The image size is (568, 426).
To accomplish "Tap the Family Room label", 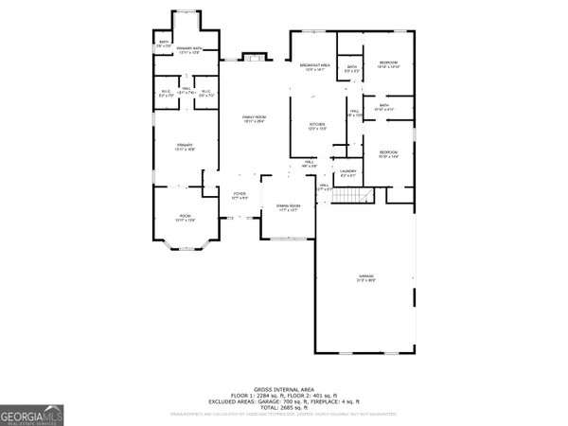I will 253,118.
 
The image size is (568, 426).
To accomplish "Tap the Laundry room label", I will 347,172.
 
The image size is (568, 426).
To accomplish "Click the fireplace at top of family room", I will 253,57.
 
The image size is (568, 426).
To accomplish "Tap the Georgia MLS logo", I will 28,414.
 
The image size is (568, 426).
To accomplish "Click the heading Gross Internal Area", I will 284,389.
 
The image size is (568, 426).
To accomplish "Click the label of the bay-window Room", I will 184,218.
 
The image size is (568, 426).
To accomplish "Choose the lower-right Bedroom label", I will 389,153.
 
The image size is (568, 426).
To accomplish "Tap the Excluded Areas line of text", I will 284,401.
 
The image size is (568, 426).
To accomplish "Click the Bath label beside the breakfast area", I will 351,67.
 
